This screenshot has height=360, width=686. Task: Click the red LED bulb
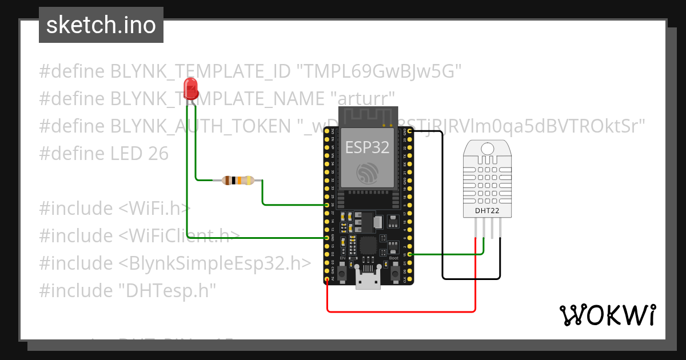coord(190,89)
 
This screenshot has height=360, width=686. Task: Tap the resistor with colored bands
coord(238,181)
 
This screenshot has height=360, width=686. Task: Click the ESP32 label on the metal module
coord(367,147)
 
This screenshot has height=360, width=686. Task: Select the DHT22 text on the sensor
coord(487,210)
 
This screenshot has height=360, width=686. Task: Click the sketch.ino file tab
coord(101,25)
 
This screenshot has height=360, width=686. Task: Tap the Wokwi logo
coord(607,315)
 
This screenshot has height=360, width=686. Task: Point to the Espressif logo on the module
coord(367,173)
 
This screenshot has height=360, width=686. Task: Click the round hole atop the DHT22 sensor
coord(487,149)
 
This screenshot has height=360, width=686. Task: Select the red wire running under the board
coord(400,311)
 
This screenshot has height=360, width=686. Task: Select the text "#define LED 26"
coord(103,153)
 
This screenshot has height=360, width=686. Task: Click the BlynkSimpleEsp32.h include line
coord(175,263)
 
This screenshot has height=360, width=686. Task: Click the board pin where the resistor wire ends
coord(326,205)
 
